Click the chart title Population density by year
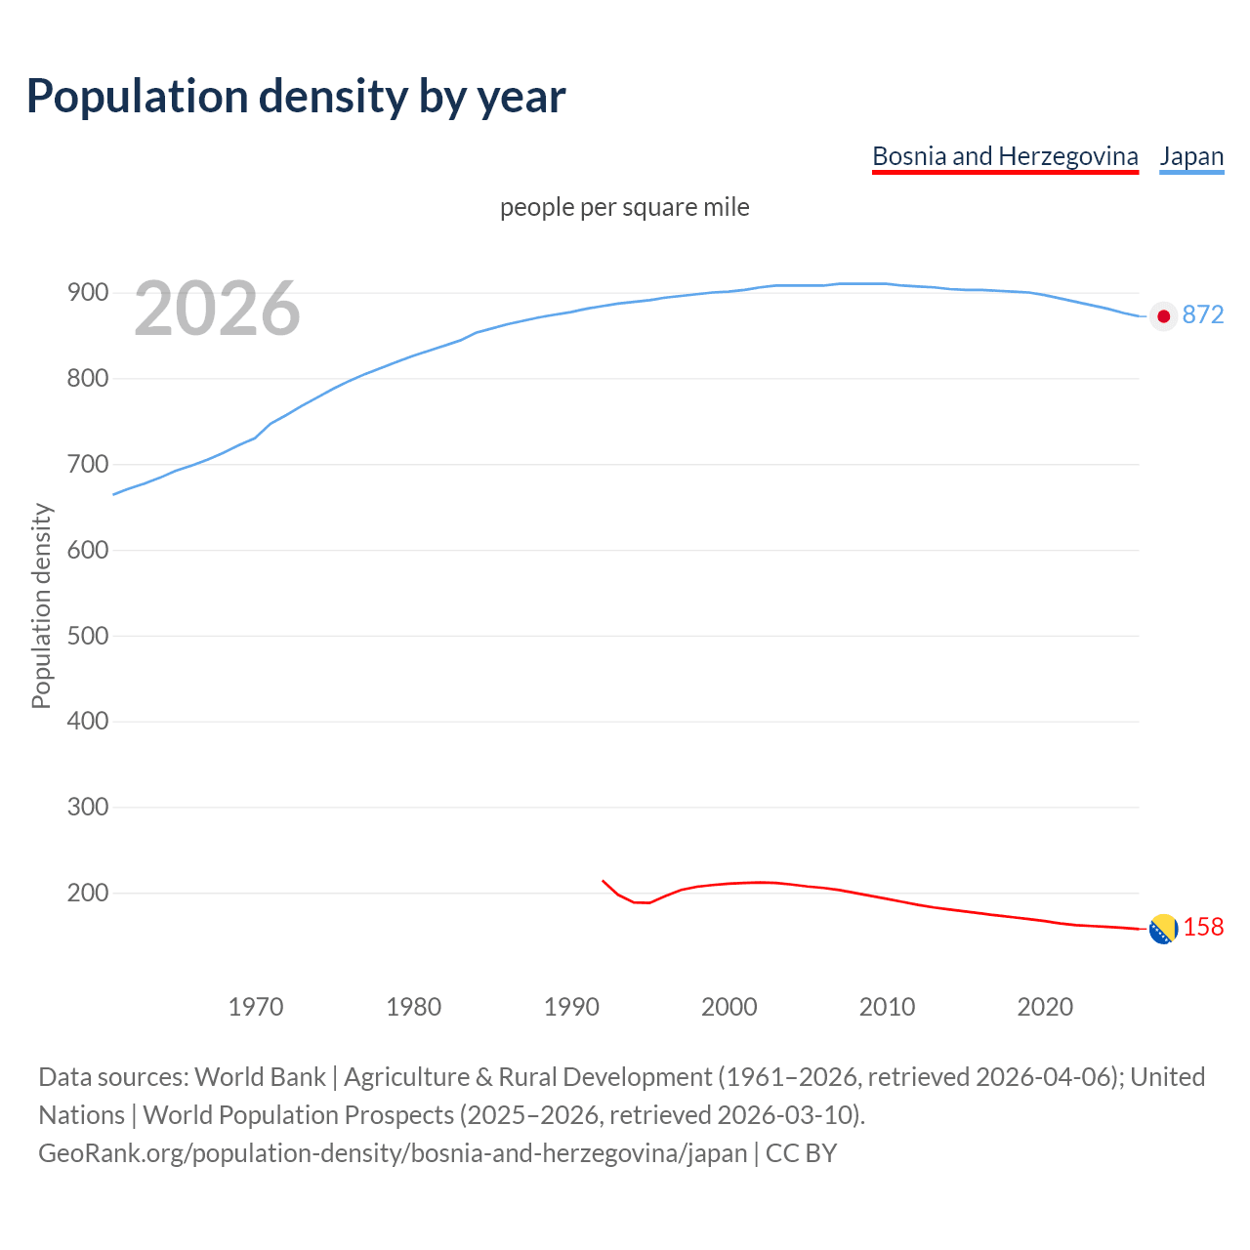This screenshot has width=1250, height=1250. pyautogui.click(x=296, y=96)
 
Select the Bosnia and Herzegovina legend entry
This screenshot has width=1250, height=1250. pyautogui.click(x=1005, y=156)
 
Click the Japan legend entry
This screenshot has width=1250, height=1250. pyautogui.click(x=1191, y=156)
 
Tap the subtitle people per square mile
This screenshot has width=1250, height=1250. pyautogui.click(x=625, y=207)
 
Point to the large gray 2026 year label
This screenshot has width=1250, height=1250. pyautogui.click(x=217, y=309)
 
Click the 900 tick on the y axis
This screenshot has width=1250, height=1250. pyautogui.click(x=88, y=292)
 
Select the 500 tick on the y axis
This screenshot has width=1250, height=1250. pyautogui.click(x=88, y=636)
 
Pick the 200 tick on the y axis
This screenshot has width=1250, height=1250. pyautogui.click(x=88, y=893)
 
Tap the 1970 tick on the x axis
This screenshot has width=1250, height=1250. pyautogui.click(x=256, y=1006)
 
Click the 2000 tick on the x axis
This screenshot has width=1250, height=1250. pyautogui.click(x=729, y=1006)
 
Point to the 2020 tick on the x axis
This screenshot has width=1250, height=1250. pyautogui.click(x=1045, y=1006)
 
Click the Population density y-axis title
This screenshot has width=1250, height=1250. pyautogui.click(x=41, y=605)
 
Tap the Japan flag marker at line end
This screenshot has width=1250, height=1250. pyautogui.click(x=1163, y=315)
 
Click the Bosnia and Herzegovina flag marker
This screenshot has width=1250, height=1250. pyautogui.click(x=1163, y=930)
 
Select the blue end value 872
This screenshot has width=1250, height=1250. pyautogui.click(x=1203, y=314)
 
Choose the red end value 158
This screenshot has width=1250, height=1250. pyautogui.click(x=1203, y=927)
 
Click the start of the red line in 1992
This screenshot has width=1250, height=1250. pyautogui.click(x=603, y=881)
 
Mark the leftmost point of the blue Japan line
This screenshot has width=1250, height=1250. pyautogui.click(x=113, y=494)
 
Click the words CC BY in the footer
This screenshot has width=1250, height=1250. pyautogui.click(x=801, y=1153)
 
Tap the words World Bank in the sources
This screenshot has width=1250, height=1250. pyautogui.click(x=260, y=1077)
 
